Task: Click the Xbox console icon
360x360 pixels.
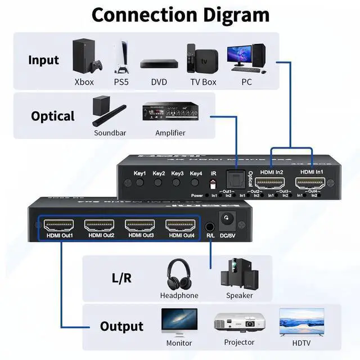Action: tap(84, 56)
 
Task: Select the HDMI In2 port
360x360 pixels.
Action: tap(269, 183)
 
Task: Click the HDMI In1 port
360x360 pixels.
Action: tap(310, 183)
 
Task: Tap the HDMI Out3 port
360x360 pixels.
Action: tap(141, 226)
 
